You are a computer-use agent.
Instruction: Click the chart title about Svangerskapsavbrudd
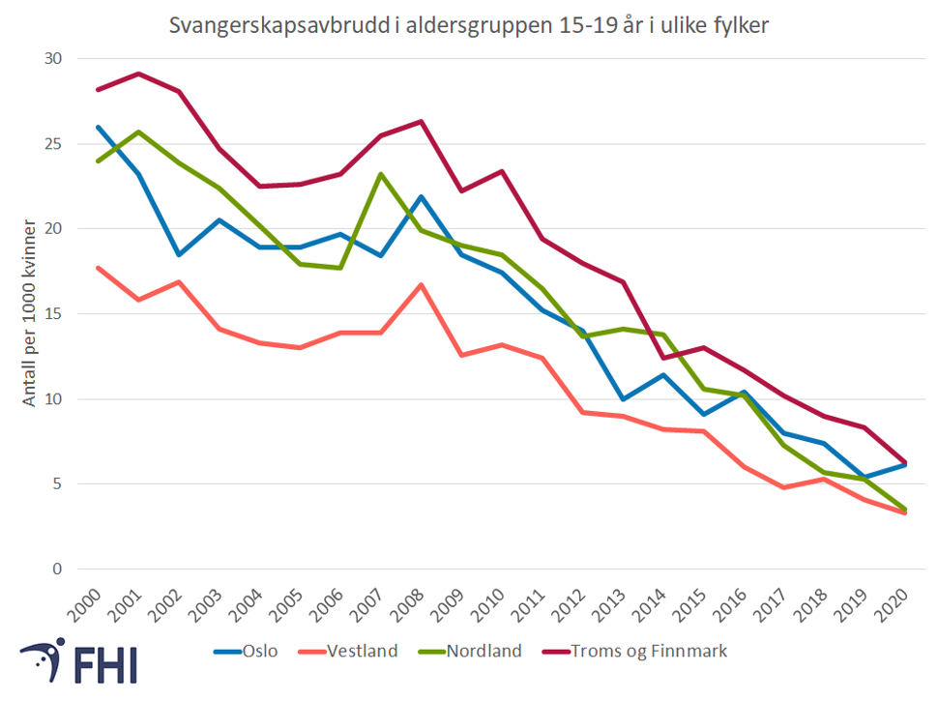click(469, 26)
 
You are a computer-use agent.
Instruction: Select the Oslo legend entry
click(257, 652)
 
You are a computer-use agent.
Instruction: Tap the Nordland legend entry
click(482, 652)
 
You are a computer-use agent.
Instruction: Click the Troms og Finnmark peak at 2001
click(139, 73)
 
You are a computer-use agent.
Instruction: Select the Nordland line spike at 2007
click(381, 174)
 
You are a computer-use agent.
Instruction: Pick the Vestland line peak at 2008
click(422, 284)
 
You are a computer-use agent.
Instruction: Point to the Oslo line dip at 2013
click(624, 398)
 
